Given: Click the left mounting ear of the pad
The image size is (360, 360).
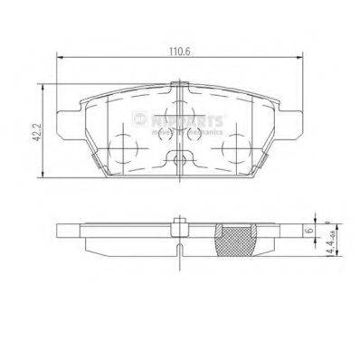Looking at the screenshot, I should [65, 120].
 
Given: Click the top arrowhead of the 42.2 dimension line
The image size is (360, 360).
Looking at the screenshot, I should [43, 83].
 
